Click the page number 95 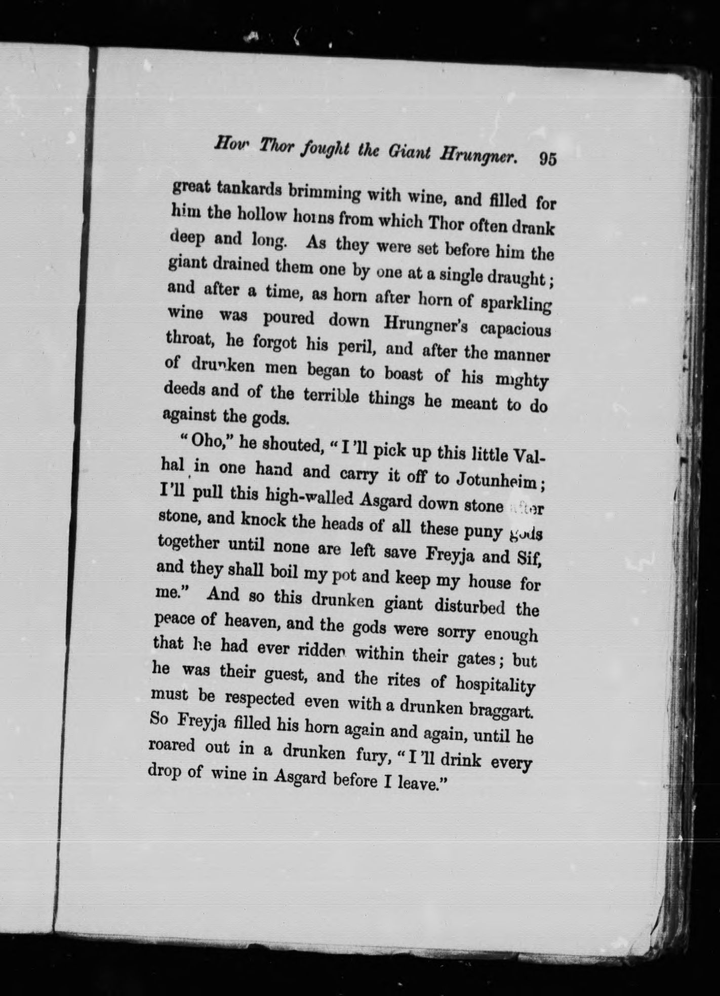pyautogui.click(x=548, y=158)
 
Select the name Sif pyautogui.click(x=531, y=559)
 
